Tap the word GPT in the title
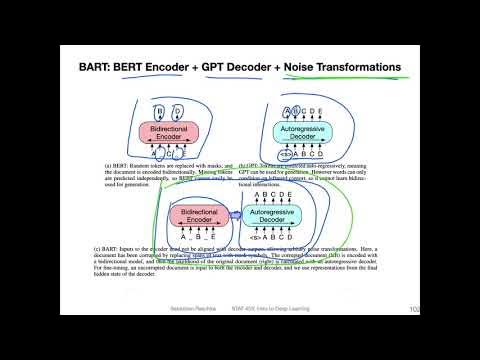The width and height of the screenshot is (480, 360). [x=225, y=68]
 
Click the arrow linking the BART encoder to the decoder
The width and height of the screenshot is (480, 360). [x=234, y=213]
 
